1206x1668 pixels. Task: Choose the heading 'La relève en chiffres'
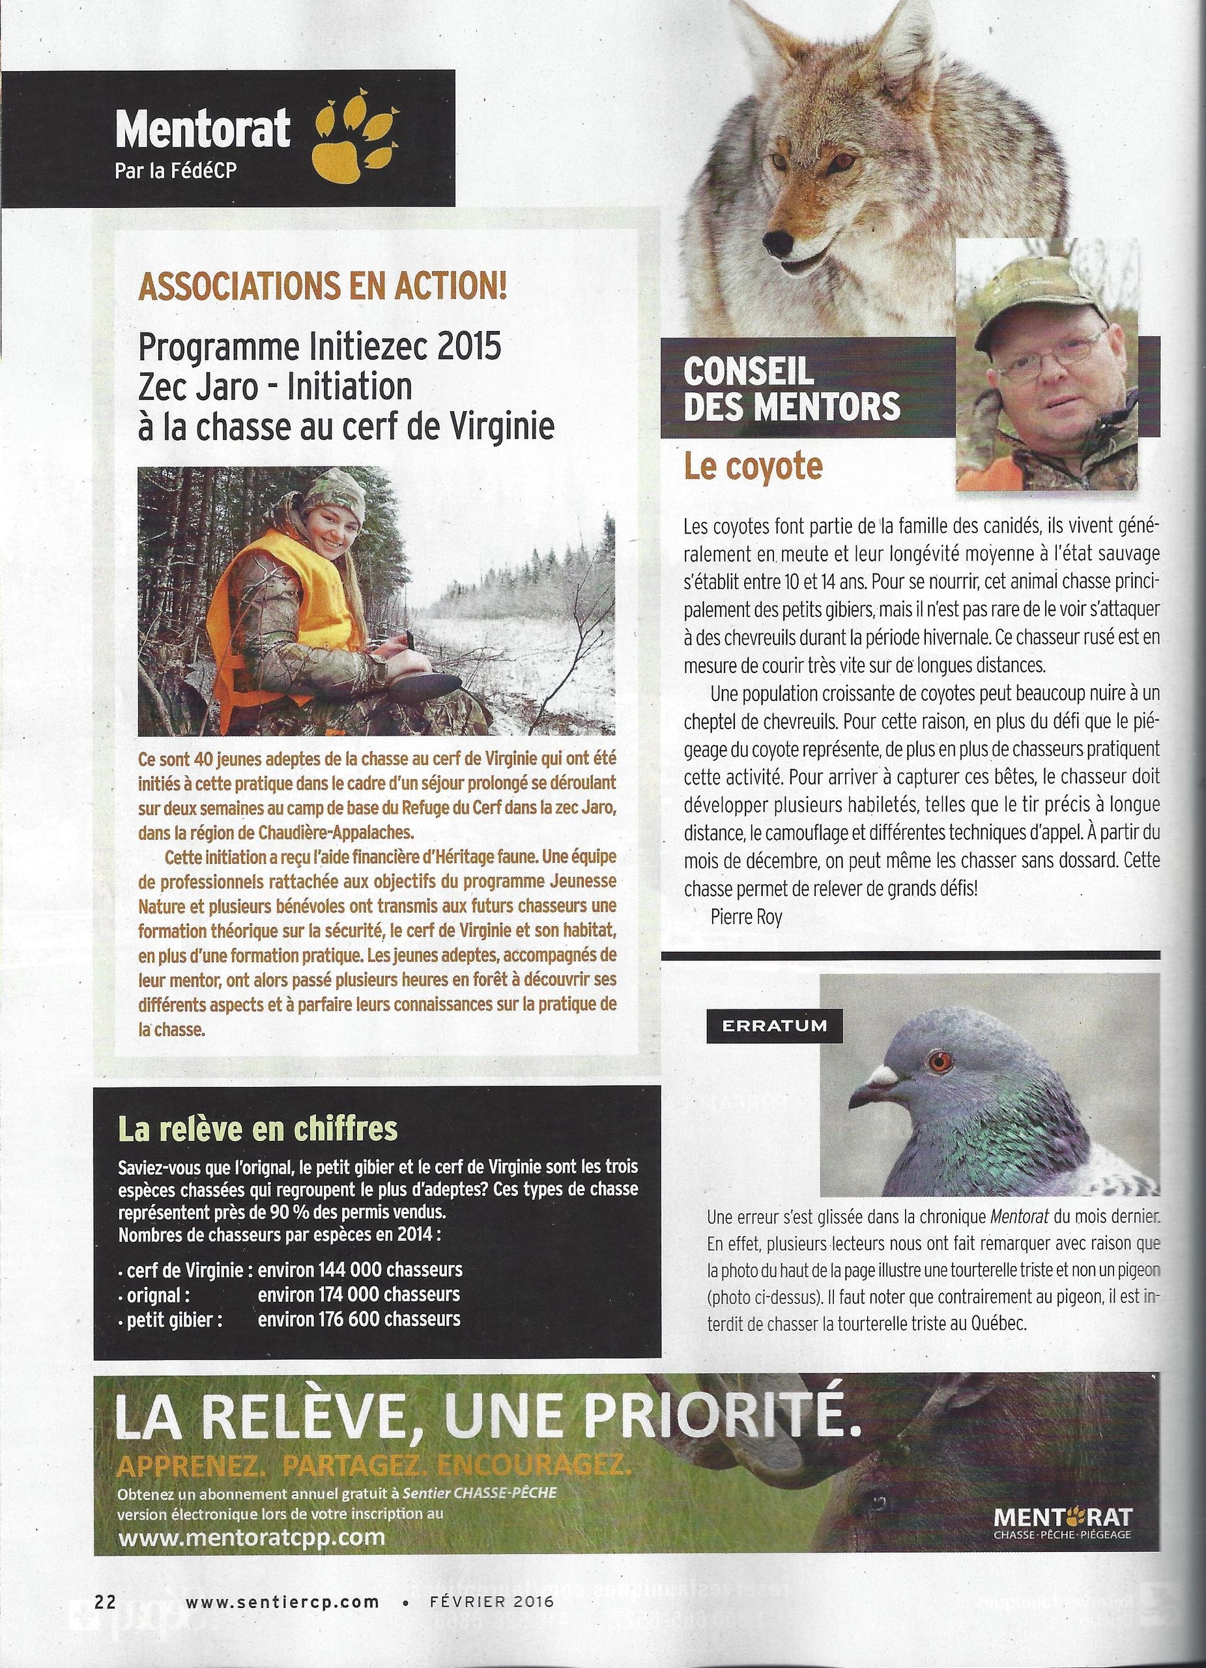pos(257,1148)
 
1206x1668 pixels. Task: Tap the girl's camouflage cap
pos(335,489)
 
